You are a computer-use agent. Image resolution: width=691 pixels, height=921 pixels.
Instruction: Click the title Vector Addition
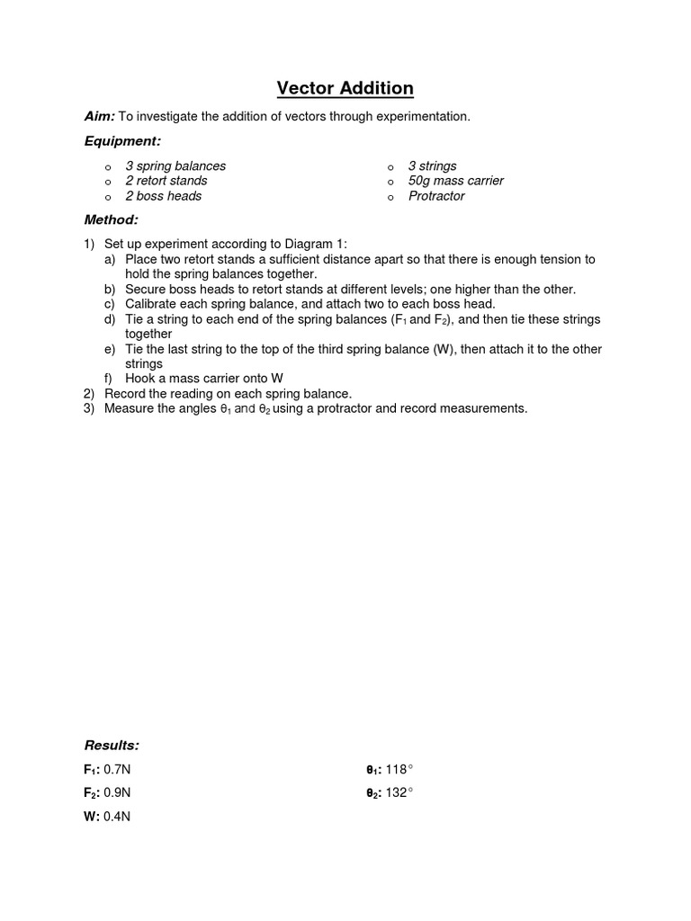[x=345, y=88]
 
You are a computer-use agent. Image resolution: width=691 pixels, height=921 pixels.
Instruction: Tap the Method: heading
[x=112, y=219]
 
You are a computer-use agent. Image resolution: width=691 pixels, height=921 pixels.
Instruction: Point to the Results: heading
[x=112, y=746]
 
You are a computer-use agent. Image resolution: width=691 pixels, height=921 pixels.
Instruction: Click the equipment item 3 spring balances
[x=175, y=166]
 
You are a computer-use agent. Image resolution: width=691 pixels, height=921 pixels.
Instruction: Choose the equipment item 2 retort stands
[x=166, y=181]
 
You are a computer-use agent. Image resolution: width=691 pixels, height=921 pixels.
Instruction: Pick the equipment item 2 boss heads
[x=163, y=196]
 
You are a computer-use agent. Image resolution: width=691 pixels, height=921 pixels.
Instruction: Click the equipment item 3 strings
[x=432, y=166]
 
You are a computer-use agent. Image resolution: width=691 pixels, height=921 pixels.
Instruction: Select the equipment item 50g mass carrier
[x=455, y=181]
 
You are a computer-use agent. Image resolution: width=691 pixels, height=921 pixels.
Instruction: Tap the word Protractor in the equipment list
[x=436, y=196]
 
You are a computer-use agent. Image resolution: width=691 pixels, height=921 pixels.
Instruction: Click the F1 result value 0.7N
[x=118, y=770]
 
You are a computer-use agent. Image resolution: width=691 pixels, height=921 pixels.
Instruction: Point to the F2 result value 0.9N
[x=118, y=793]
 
